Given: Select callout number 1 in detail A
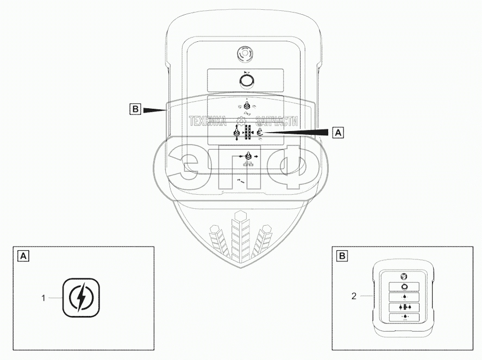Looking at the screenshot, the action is point(43,297).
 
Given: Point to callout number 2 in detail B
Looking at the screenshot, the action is point(354,296).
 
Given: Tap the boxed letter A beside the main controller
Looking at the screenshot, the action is point(338,132).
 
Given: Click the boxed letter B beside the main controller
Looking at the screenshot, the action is point(135,109).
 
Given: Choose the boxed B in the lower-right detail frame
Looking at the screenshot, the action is point(343,255).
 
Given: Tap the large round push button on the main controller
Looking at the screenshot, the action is point(247,81).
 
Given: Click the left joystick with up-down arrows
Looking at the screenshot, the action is point(236,134).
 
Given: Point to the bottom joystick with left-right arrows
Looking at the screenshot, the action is point(249,157).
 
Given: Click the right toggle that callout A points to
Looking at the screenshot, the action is point(260,132).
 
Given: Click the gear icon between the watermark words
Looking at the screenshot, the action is point(241,121).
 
